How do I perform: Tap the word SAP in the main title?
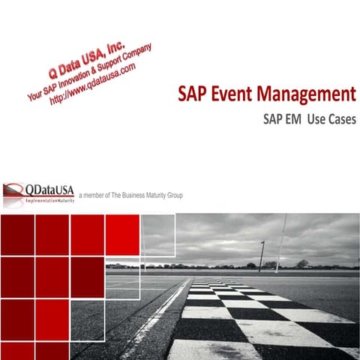(193, 95)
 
